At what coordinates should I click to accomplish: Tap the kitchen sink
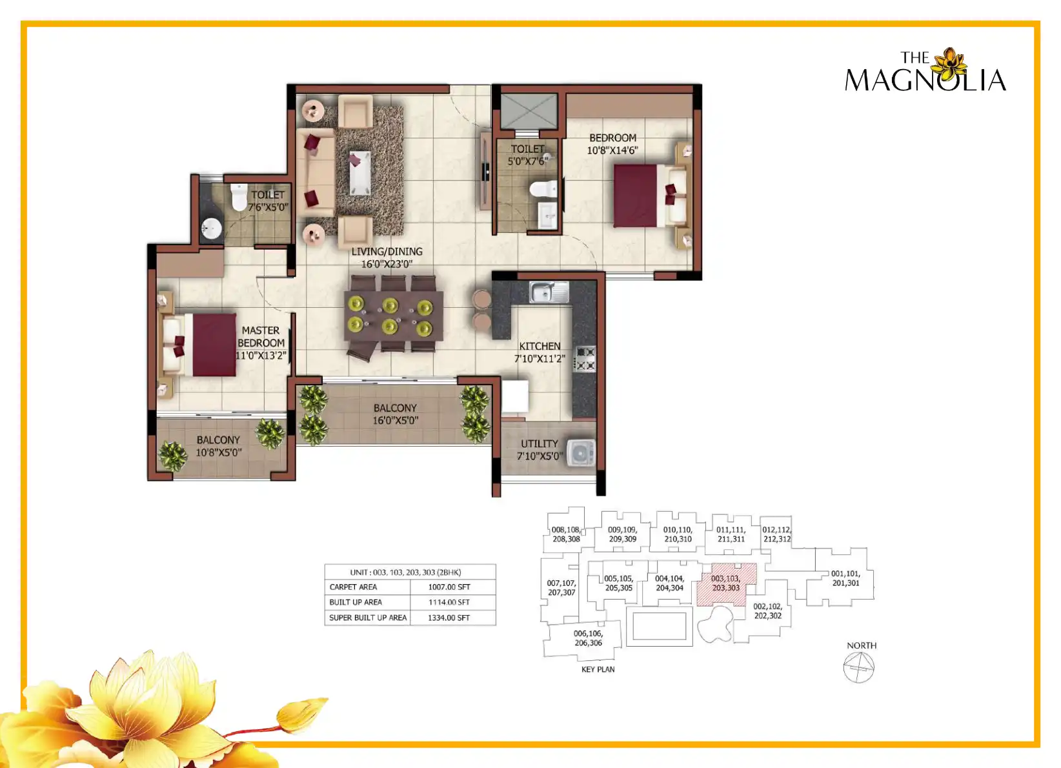(549, 292)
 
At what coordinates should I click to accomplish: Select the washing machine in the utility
(581, 453)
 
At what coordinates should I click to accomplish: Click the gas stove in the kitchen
(585, 359)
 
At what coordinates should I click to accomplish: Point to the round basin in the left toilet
(211, 229)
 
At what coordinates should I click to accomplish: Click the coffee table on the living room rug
(360, 173)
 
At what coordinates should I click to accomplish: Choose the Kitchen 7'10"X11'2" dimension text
(540, 359)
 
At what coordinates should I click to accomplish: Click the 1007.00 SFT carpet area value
(449, 587)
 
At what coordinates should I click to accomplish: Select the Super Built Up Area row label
(368, 618)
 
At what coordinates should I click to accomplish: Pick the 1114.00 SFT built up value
(449, 602)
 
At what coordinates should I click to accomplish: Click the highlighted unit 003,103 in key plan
(725, 583)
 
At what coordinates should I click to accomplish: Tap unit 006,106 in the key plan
(589, 638)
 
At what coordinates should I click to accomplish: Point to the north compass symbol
(858, 667)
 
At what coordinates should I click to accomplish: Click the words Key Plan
(598, 669)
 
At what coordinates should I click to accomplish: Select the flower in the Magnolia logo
(950, 65)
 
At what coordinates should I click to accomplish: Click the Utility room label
(539, 444)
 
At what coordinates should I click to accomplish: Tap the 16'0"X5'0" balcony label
(396, 420)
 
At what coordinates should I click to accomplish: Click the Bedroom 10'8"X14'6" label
(612, 144)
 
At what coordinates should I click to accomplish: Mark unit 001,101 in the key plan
(845, 578)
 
